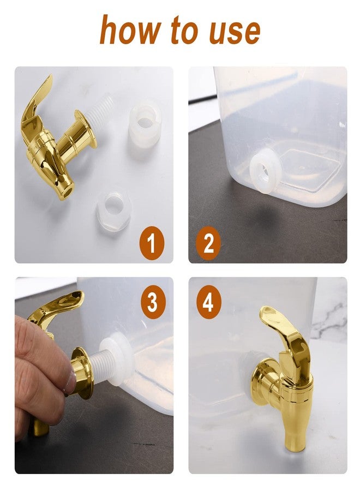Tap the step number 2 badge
coord(208,244)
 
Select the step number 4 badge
coord(208,301)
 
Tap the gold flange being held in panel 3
coord(82,372)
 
